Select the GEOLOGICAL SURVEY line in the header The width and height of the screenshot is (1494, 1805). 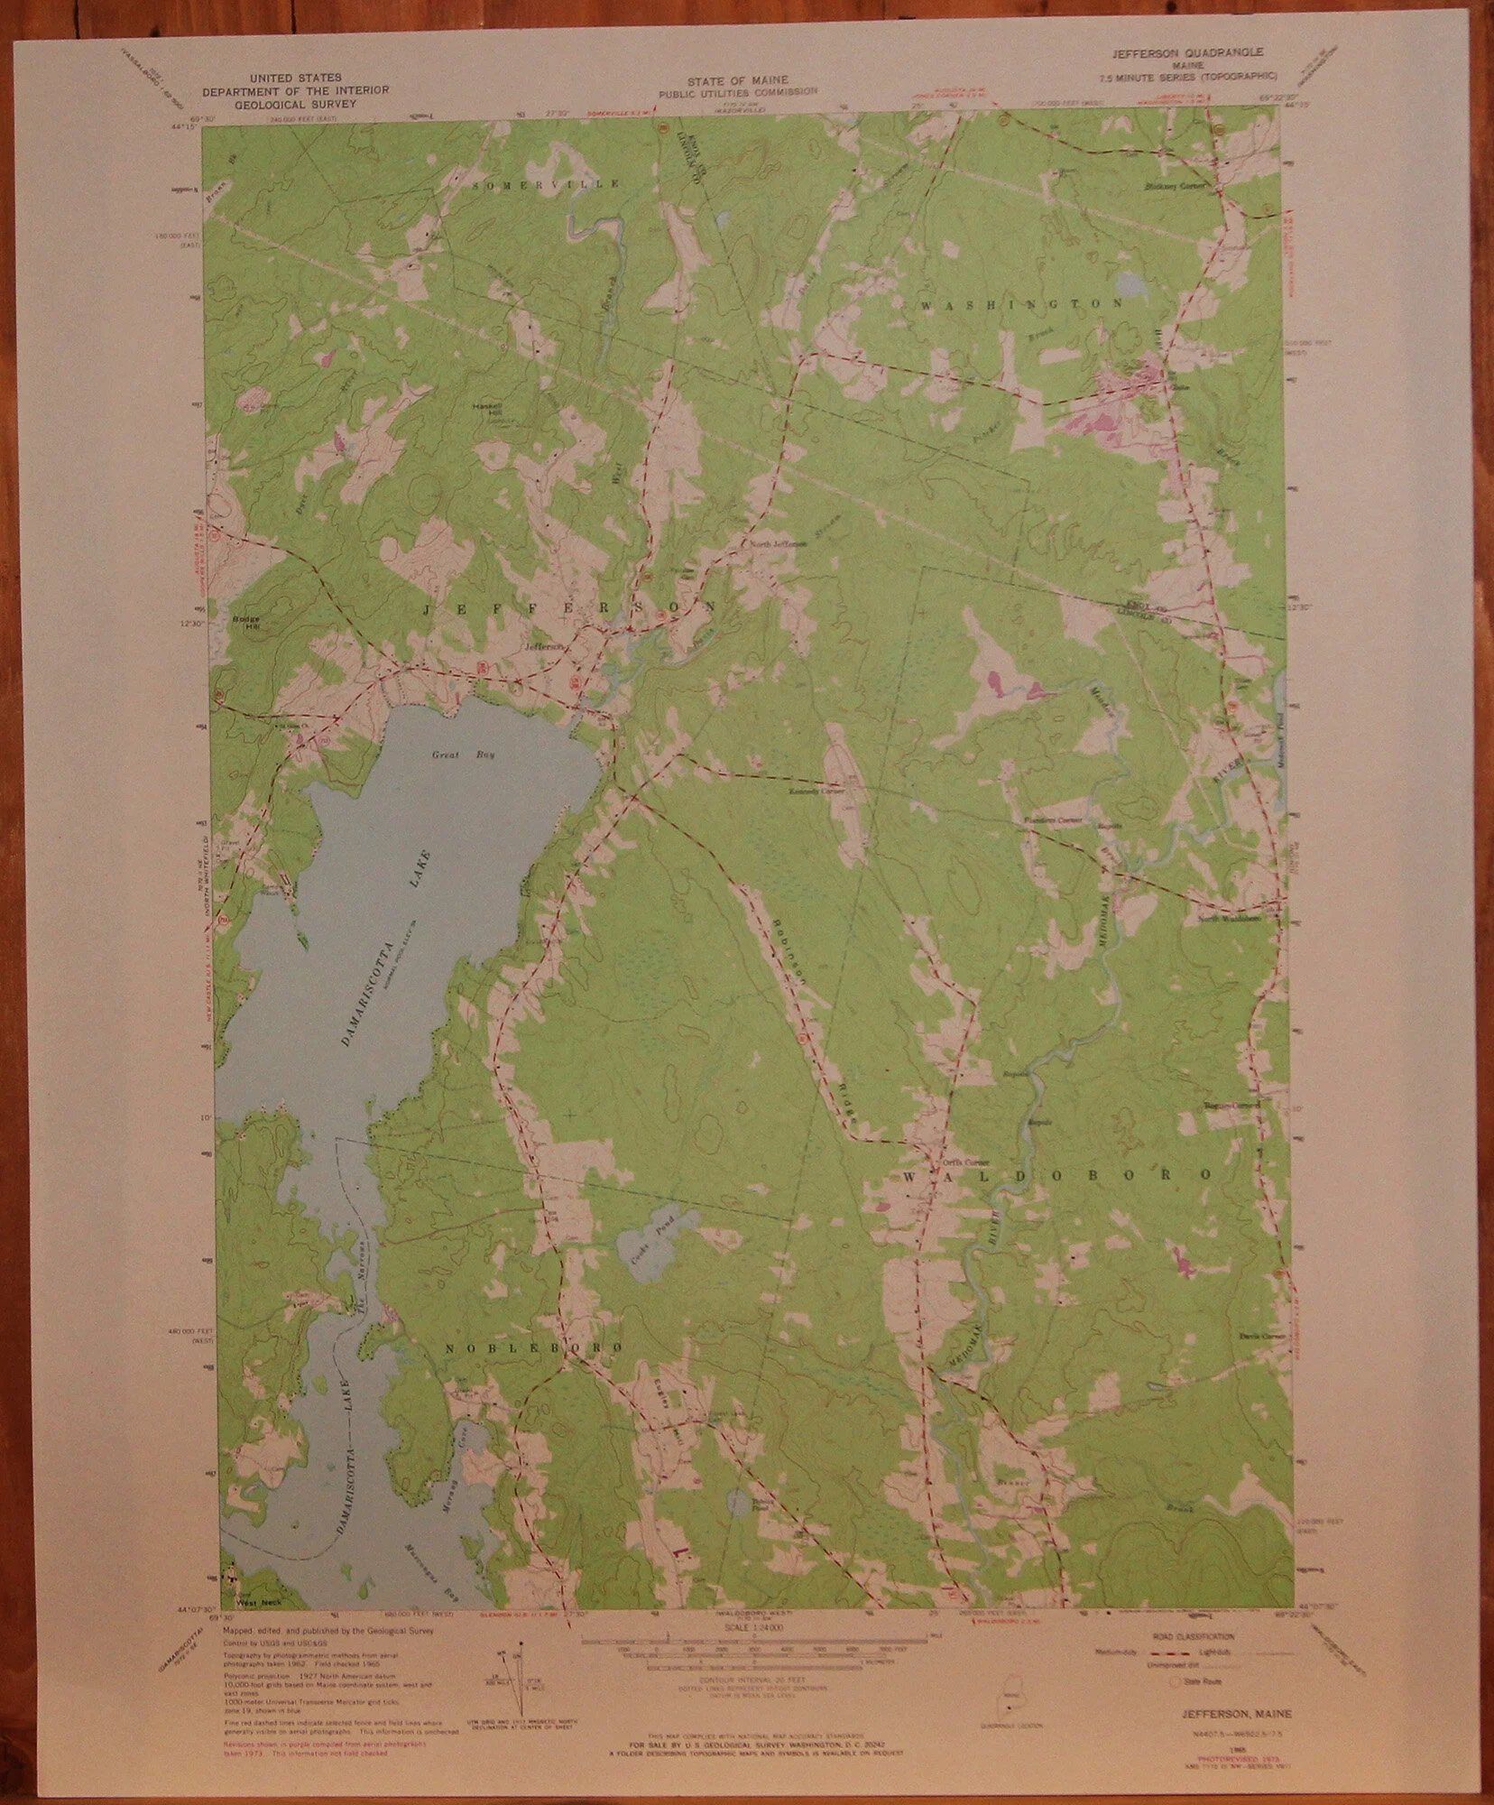click(294, 103)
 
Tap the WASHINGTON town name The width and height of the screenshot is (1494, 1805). click(1021, 304)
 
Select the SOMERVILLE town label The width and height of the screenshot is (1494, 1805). click(546, 183)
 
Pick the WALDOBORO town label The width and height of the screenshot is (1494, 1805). click(1054, 1175)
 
